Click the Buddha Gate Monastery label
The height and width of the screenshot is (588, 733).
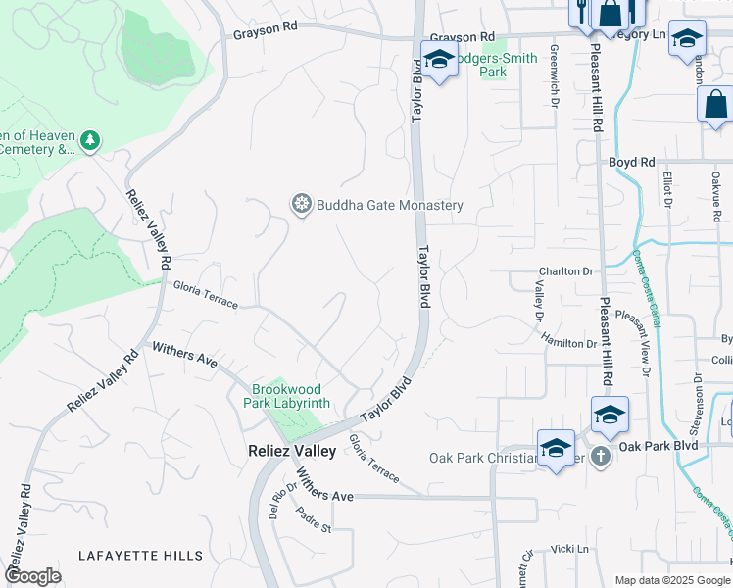(389, 205)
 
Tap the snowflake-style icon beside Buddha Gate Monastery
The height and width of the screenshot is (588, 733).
(302, 204)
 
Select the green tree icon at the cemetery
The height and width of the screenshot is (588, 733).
(90, 142)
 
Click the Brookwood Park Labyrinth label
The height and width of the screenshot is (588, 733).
(291, 396)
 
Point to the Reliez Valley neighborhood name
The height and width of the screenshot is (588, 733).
(290, 451)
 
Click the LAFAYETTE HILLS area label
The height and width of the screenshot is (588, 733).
(141, 556)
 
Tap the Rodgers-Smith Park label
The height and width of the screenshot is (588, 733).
(499, 65)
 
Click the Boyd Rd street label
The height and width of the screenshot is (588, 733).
(631, 162)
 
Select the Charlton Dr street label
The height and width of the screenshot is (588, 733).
(566, 271)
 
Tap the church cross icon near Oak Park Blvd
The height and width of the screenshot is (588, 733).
(602, 456)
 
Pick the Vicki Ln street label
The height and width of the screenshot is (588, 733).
(568, 550)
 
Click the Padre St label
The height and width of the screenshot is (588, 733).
(316, 521)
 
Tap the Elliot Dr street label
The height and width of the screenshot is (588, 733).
(668, 190)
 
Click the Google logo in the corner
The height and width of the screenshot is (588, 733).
(32, 575)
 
